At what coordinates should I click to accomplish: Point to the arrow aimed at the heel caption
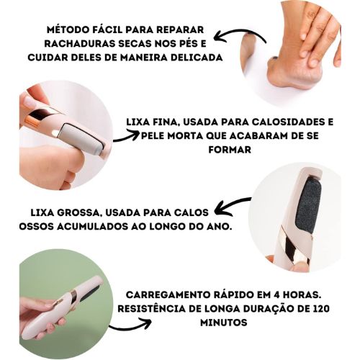(240, 38)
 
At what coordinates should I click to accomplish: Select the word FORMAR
(230, 150)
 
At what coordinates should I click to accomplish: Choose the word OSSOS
(36, 227)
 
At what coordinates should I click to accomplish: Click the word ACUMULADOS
(92, 227)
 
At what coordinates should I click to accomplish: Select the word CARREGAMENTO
(166, 294)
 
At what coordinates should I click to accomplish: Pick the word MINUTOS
(224, 323)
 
